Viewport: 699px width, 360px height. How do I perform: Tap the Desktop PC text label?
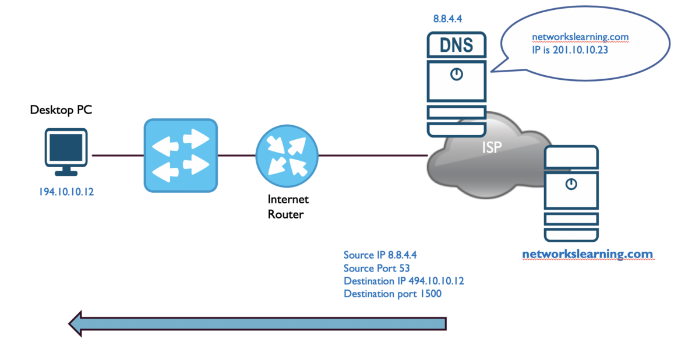61,110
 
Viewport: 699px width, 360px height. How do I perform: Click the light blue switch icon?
181,156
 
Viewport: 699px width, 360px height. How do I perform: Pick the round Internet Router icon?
287,156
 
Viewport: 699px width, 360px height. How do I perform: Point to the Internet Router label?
288,206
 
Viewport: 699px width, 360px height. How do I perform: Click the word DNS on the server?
456,44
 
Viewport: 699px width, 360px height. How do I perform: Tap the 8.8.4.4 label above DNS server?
447,19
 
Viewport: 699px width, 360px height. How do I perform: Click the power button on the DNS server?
456,75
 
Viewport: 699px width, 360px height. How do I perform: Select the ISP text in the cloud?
492,148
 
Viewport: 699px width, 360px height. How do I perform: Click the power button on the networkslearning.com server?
571,184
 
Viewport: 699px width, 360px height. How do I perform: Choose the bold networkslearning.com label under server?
587,255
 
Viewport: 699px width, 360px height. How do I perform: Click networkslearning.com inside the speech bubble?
580,37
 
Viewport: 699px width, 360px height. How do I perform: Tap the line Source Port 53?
377,268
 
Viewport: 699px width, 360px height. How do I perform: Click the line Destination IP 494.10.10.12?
404,281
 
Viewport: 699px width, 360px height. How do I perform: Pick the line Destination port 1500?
392,294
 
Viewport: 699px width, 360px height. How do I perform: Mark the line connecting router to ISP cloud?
373,156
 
